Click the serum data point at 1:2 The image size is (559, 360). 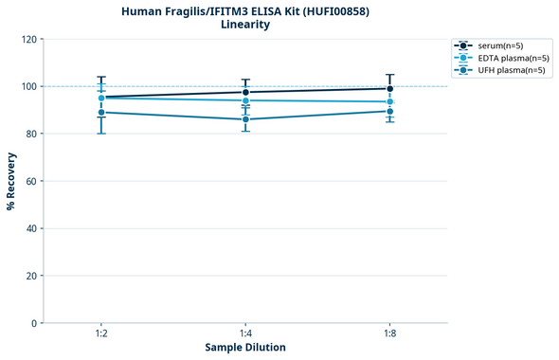click(101, 97)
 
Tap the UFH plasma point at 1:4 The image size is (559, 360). click(245, 119)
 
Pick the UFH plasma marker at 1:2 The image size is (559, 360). click(101, 113)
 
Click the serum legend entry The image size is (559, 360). click(500, 45)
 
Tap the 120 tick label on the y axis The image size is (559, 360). click(28, 39)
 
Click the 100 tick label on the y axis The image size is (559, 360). click(28, 86)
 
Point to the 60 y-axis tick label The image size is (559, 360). click(31, 181)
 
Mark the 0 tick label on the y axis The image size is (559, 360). click(34, 323)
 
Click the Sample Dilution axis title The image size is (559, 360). click(245, 348)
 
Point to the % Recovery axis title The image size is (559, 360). click(11, 180)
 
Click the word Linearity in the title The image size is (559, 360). click(245, 25)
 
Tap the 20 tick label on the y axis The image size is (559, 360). click(31, 276)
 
